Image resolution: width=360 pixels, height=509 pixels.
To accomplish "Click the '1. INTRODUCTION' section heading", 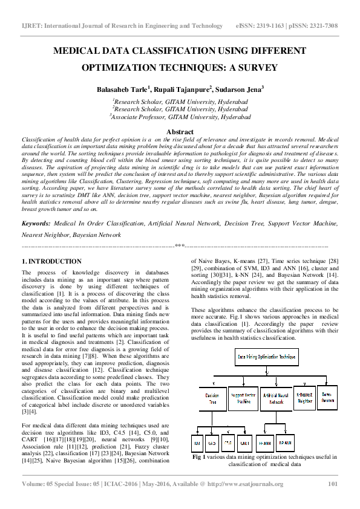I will pyautogui.click(x=51, y=261).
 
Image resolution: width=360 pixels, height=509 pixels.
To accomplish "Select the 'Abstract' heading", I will pyautogui.click(x=180, y=131).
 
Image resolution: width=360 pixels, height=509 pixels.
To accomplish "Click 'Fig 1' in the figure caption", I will pyautogui.click(x=200, y=458).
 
